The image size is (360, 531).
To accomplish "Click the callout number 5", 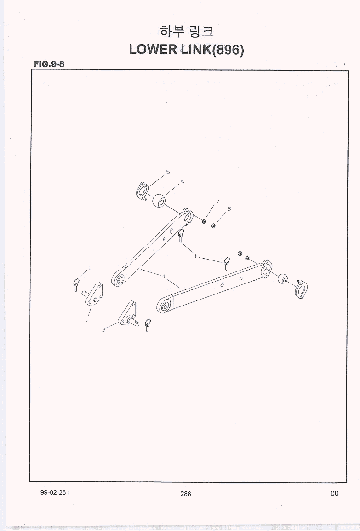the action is (x=168, y=173).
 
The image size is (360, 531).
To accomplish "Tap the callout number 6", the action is (x=183, y=181).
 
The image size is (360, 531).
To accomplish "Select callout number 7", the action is (x=217, y=202).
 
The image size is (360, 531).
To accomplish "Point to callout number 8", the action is (x=229, y=209).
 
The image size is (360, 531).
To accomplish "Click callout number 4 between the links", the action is (x=164, y=277).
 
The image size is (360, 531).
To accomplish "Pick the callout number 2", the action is (x=87, y=321).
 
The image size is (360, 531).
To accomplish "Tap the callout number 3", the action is (x=104, y=329).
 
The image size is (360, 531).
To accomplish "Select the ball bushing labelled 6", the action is (x=158, y=201).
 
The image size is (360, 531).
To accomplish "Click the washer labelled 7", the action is (x=204, y=221).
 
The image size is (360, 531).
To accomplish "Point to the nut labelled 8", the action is (x=213, y=225).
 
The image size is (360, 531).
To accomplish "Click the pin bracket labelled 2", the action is (x=93, y=294).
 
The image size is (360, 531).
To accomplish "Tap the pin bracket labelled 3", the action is (x=128, y=313).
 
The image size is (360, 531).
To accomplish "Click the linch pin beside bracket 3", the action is (x=147, y=325).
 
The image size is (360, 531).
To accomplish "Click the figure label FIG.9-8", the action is (x=49, y=63).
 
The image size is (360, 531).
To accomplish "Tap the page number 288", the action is (x=185, y=494).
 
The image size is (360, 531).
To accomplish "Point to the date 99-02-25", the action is (x=53, y=493).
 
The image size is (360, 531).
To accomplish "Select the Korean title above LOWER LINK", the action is (x=186, y=31).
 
